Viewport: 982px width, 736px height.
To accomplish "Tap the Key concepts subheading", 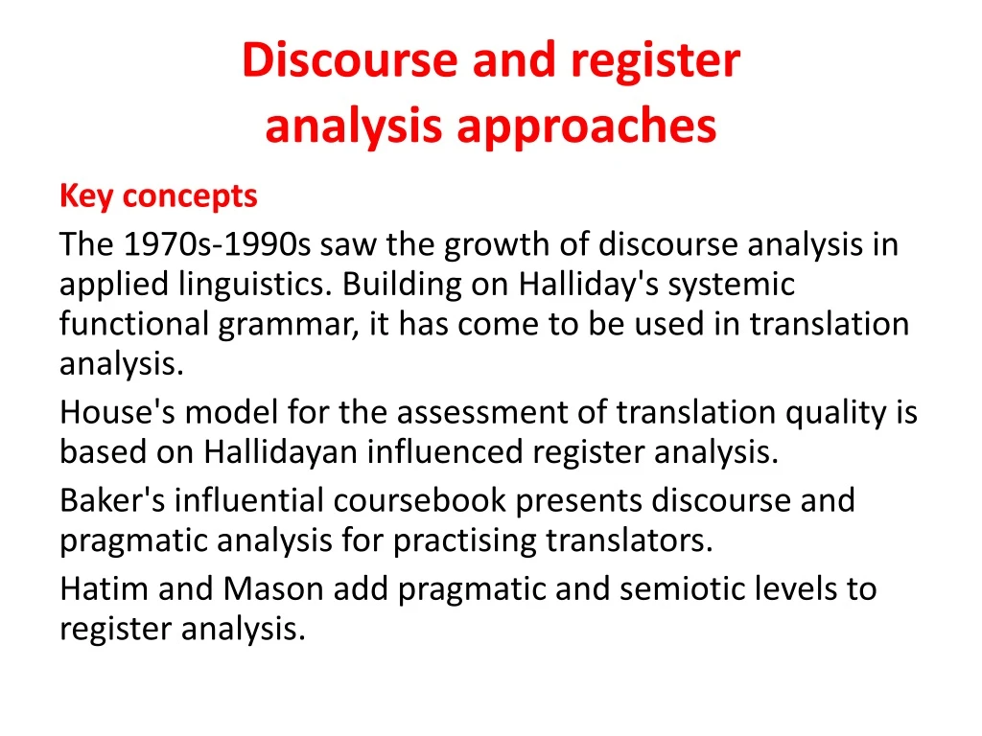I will [158, 196].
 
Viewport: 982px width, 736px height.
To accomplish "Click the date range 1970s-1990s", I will [218, 245].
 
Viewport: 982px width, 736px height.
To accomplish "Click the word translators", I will [630, 541].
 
